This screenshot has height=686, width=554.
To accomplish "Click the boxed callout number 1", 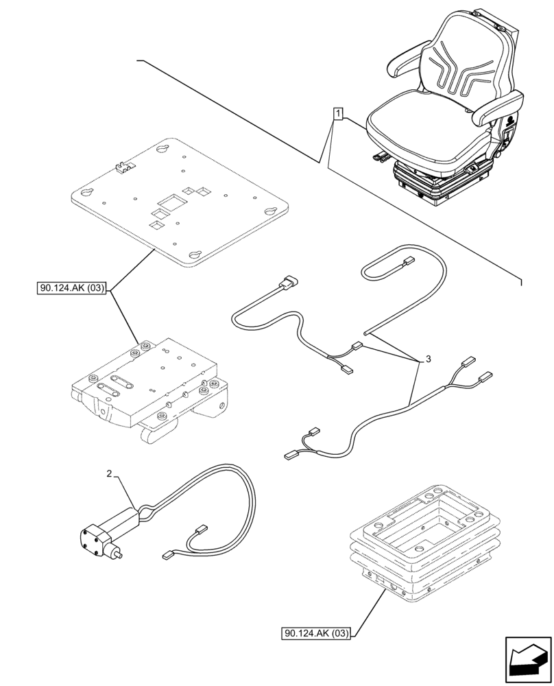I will click(339, 113).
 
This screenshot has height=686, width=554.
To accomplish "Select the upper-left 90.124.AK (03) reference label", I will click(72, 289).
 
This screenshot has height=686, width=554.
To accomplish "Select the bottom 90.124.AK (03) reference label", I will click(315, 634).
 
